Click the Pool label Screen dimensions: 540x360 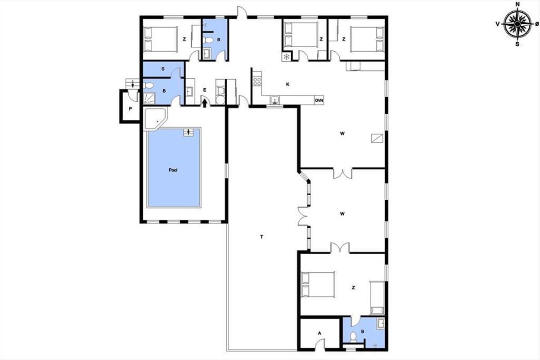pos(173,170)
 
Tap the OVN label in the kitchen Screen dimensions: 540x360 pos(319,100)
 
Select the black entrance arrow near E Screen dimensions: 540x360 pos(205,103)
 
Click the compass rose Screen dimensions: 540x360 pos(517,24)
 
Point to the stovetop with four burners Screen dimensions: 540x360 pos(257,81)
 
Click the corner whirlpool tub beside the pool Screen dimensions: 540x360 pos(156,119)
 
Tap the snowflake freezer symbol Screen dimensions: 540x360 pos(287,57)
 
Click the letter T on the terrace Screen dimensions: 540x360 pos(261,237)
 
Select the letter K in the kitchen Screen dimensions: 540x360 pos(288,84)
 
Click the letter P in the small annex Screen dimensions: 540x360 pos(130,109)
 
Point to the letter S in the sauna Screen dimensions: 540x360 pos(163,69)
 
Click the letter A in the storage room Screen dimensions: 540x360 pos(319,333)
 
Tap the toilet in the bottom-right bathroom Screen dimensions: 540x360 pos(353,336)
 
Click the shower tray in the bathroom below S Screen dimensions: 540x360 pos(149,99)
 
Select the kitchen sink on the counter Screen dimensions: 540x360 pos(274,99)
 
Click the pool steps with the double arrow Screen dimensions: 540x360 pos(188,132)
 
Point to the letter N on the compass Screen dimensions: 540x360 pos(517,4)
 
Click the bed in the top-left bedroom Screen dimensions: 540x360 pos(160,39)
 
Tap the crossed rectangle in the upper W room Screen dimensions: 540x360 pos(377,138)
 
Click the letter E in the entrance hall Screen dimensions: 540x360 pos(205,90)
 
